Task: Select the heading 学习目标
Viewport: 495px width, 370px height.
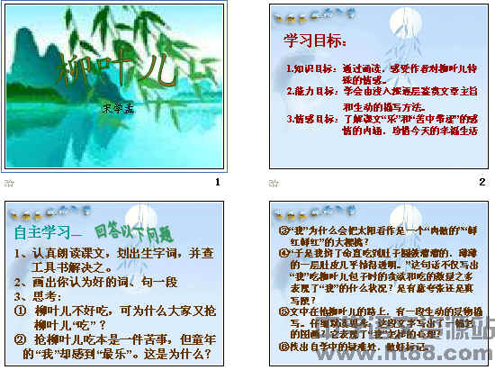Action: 316,41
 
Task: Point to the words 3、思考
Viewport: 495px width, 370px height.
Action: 39,294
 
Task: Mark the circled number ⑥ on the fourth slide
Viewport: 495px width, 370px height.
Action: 283,345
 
